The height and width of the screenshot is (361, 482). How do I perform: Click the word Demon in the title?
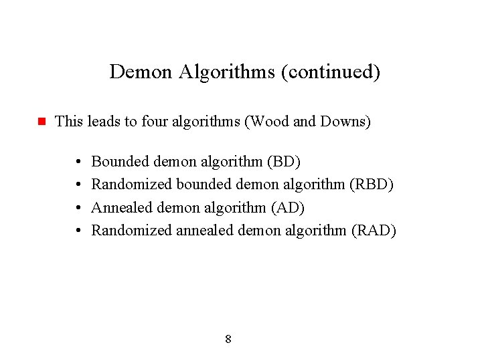pyautogui.click(x=141, y=72)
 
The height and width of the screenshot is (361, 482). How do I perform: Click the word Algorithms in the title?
pyautogui.click(x=227, y=72)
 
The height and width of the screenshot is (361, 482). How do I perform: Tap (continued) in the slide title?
pyautogui.click(x=331, y=72)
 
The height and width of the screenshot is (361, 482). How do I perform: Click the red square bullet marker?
pyautogui.click(x=40, y=122)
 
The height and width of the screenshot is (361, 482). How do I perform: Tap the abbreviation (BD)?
pyautogui.click(x=284, y=162)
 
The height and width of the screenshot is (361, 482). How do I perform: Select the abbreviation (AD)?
pyautogui.click(x=288, y=208)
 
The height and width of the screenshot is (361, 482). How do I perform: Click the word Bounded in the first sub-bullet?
pyautogui.click(x=120, y=162)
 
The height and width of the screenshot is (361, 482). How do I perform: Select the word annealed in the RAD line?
pyautogui.click(x=206, y=231)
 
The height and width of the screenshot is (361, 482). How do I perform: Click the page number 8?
pyautogui.click(x=228, y=340)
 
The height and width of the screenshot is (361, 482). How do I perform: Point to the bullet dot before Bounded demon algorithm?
pyautogui.click(x=79, y=162)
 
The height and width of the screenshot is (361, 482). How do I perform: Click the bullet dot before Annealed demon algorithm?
pyautogui.click(x=79, y=209)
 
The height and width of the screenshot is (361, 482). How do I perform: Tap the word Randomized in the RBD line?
pyautogui.click(x=131, y=185)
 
